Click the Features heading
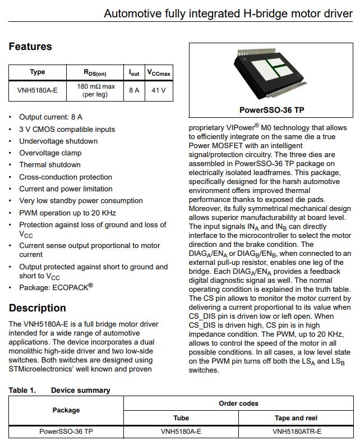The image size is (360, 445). point(30,47)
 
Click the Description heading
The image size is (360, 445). point(37,308)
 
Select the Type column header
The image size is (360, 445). point(37,72)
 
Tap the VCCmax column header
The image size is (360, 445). point(159,72)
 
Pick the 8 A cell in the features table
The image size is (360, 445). point(134,90)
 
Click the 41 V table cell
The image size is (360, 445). point(159,90)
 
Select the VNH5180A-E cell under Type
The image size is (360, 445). point(37,90)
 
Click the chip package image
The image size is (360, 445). point(272,73)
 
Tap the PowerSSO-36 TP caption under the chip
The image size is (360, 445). point(272,110)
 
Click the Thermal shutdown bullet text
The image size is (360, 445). point(50,165)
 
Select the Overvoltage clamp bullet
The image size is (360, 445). point(50,153)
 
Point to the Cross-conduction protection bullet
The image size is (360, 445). point(66,177)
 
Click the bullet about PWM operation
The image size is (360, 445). point(67,213)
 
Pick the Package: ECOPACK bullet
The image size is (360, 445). point(56,287)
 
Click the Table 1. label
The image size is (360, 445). point(22,390)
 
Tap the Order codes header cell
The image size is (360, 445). point(238,403)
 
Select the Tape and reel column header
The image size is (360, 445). point(296,418)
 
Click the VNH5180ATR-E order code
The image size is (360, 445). point(296,432)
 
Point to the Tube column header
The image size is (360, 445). point(181,418)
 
